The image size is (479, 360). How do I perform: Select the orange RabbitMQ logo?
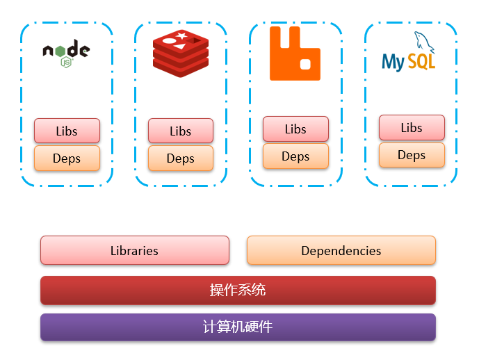(295, 54)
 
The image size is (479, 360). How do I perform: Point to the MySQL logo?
(409, 54)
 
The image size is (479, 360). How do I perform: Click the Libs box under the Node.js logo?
(67, 131)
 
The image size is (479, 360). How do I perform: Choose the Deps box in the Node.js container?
(67, 158)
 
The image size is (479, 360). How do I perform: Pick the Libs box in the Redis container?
(181, 131)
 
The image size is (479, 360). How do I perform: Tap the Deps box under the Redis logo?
(181, 158)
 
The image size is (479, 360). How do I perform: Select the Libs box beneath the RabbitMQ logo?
(295, 129)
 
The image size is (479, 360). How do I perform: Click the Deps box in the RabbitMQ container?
(295, 156)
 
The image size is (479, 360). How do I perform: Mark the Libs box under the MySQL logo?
(412, 127)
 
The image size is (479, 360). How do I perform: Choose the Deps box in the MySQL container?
(412, 155)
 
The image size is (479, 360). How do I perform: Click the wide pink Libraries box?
(134, 250)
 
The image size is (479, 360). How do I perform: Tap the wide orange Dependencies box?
(341, 250)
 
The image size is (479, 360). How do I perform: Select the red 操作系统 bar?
(238, 290)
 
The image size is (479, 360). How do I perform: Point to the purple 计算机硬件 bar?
(238, 327)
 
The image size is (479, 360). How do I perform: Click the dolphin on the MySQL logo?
(425, 43)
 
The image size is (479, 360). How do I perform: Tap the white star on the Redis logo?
(181, 35)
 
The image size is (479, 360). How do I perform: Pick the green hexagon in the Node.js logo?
(67, 62)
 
